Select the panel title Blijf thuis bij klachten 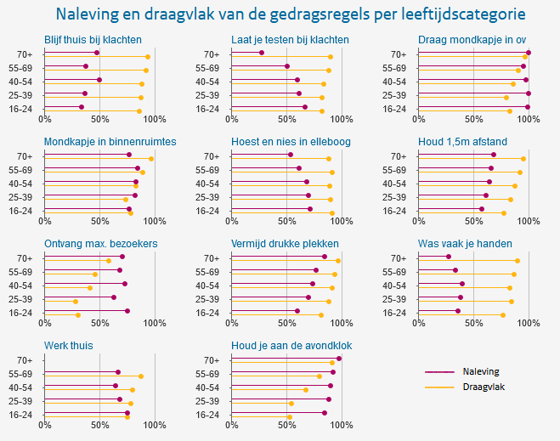pos(93,40)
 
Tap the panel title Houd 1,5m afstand pos(463,142)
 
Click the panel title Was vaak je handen pos(465,244)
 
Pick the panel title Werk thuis pos(69,346)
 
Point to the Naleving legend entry pos(481,371)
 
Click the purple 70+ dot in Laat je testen pos(262,53)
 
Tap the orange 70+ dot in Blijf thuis pos(148,57)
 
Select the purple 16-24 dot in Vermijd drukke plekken pos(297,311)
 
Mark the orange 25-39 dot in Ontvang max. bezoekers pos(76,301)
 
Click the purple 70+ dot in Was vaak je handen pos(449,257)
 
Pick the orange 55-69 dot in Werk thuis pos(141,376)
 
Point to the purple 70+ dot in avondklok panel pos(339,359)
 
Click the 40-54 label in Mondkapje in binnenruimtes pos(20,184)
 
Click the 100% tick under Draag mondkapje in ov pos(528,119)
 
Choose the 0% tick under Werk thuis pos(45,425)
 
